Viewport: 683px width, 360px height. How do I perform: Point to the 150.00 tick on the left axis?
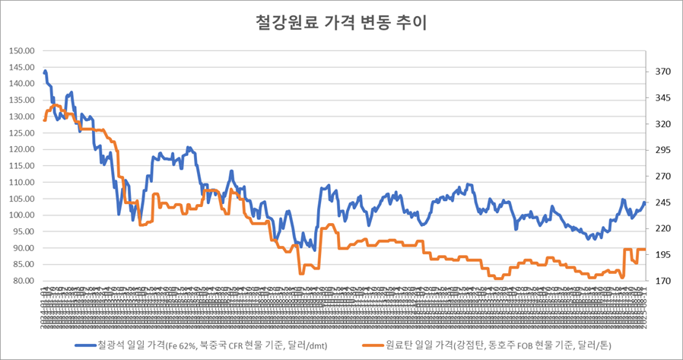22,51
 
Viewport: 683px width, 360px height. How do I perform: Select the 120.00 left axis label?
22,150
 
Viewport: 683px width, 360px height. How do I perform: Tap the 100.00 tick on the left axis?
22,215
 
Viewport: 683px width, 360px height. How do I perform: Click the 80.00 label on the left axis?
24,281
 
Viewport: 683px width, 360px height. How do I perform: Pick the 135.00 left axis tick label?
22,100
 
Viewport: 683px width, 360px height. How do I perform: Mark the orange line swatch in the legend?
372,345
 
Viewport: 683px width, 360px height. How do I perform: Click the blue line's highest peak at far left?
46,71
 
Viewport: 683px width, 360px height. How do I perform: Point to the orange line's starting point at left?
44,119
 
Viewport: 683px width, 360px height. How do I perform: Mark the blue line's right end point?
644,202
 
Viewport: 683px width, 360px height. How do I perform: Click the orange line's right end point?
645,250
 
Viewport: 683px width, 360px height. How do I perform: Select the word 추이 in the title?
411,23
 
